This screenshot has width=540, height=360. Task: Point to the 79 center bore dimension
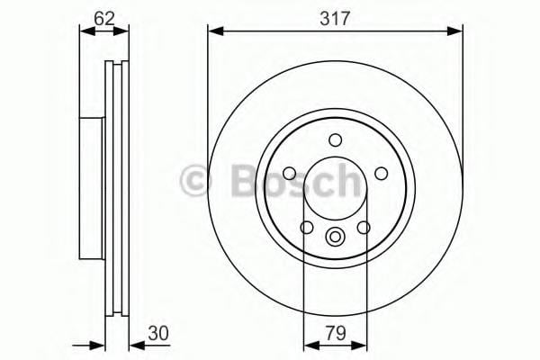click(x=336, y=331)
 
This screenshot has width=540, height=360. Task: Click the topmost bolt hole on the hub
click(x=336, y=139)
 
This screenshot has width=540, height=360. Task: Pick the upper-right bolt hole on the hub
click(x=380, y=173)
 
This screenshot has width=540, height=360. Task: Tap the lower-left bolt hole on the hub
click(x=308, y=228)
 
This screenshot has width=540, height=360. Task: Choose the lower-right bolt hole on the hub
click(x=364, y=228)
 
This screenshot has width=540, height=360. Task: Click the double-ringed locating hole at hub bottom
click(x=336, y=238)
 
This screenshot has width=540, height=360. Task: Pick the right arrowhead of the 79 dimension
click(x=361, y=346)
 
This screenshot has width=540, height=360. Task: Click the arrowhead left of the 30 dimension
click(x=100, y=346)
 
